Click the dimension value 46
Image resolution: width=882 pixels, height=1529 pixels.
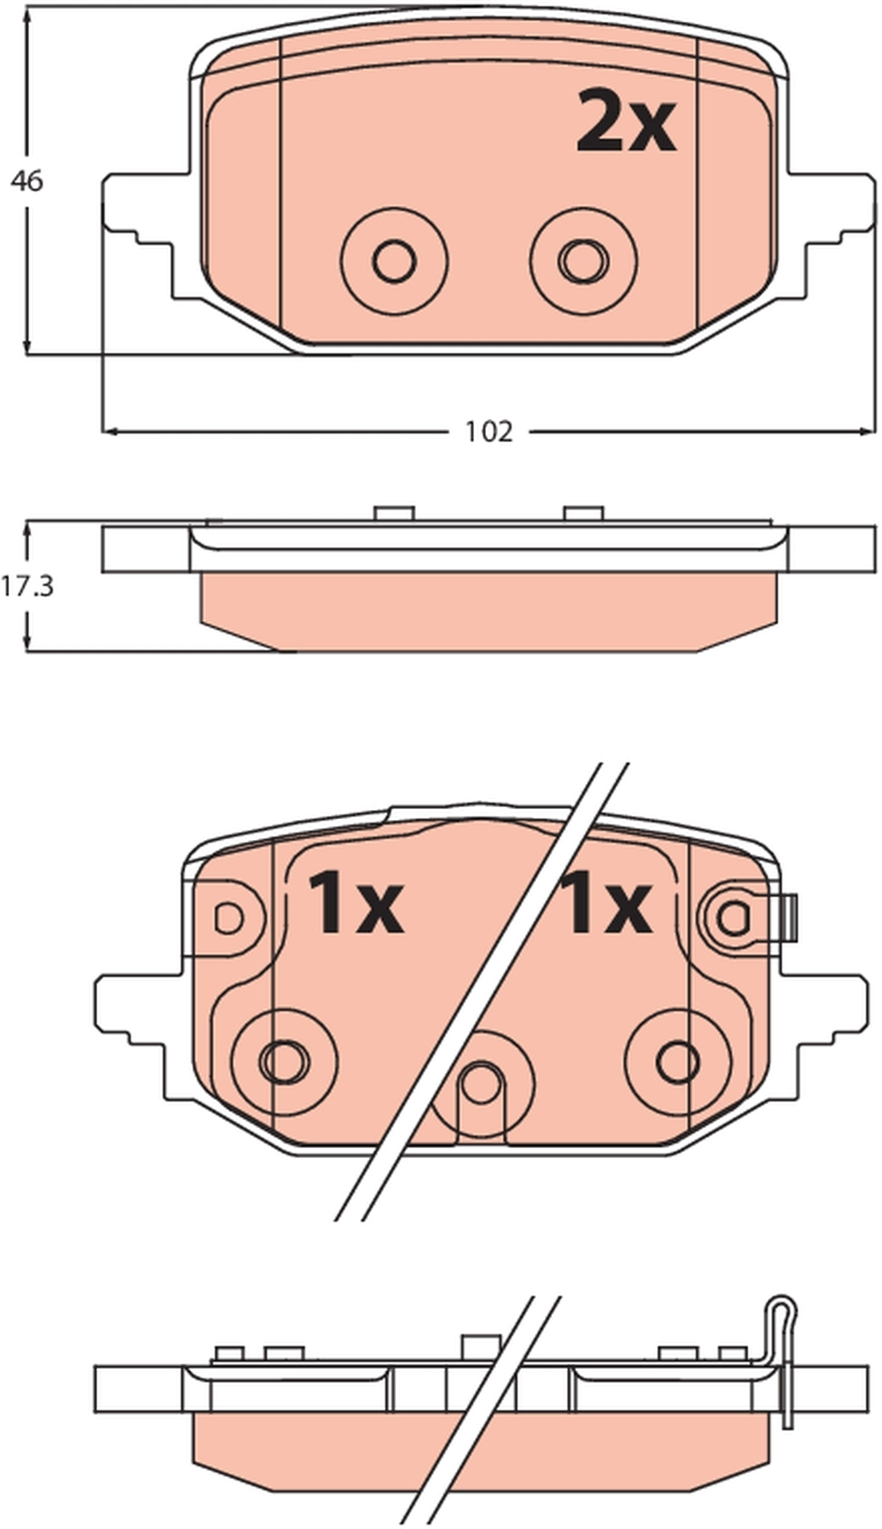point(26,181)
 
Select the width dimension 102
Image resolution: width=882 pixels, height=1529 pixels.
point(489,431)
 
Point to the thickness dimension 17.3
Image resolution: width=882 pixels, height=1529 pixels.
point(27,586)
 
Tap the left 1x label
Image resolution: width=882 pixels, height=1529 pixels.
point(355,904)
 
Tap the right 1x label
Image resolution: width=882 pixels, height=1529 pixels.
point(606,904)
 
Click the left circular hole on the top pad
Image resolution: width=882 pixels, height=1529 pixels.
point(394,262)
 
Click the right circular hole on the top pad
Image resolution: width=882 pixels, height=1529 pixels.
point(582,262)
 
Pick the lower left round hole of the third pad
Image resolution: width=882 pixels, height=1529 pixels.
point(284,1061)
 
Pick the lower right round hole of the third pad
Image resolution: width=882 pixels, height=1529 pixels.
point(679,1061)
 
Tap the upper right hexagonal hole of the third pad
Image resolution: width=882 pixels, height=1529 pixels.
point(732,919)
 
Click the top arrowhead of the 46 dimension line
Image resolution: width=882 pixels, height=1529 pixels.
point(27,15)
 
